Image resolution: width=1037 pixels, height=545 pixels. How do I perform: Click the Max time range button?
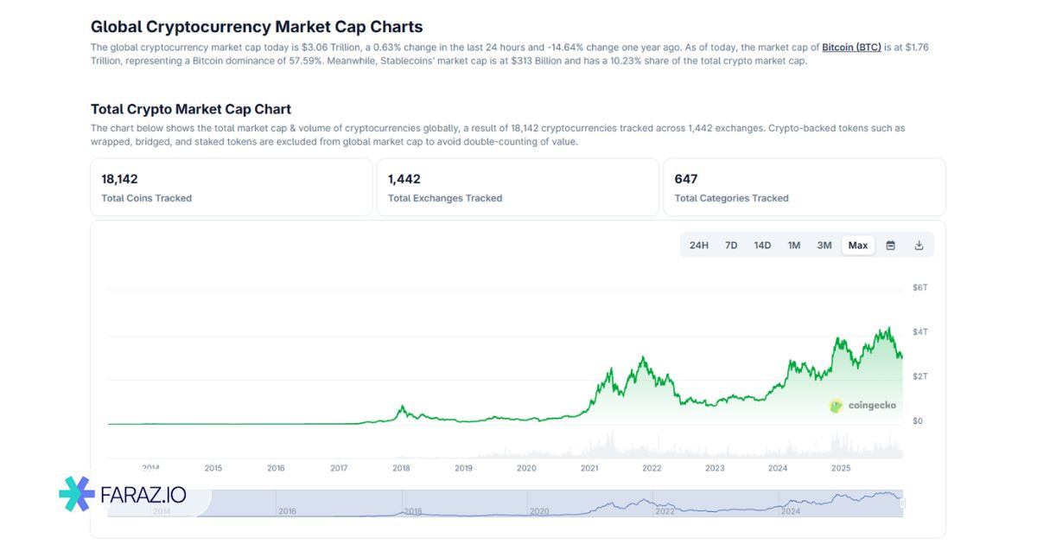click(x=857, y=246)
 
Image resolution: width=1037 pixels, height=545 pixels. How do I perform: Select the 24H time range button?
click(x=699, y=246)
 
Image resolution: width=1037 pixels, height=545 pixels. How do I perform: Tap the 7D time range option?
click(x=731, y=246)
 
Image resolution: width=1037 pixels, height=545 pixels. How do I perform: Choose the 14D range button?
click(x=762, y=246)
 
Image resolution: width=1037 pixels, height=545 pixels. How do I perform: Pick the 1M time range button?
click(x=794, y=246)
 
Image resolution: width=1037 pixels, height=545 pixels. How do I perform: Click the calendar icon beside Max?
click(x=890, y=246)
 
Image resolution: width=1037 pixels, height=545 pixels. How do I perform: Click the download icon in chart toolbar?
click(x=919, y=246)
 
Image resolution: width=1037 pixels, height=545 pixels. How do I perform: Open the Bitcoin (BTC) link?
click(x=851, y=47)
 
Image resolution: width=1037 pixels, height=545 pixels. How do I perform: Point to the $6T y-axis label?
click(x=920, y=287)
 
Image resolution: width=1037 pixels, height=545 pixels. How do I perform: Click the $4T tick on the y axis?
click(x=920, y=332)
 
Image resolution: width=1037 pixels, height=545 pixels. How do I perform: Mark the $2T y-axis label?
click(x=920, y=376)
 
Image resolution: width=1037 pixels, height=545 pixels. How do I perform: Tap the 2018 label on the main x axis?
click(x=401, y=468)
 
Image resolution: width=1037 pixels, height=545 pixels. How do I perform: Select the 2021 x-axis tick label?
click(x=589, y=468)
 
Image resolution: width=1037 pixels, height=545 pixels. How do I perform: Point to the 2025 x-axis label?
click(x=841, y=468)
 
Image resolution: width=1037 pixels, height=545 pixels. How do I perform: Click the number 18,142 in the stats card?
click(x=119, y=179)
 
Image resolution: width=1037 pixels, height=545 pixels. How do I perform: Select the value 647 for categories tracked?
click(x=686, y=179)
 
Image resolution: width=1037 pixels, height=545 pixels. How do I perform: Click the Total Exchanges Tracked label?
click(x=445, y=198)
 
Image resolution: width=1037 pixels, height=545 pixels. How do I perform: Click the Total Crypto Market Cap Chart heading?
click(x=191, y=109)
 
